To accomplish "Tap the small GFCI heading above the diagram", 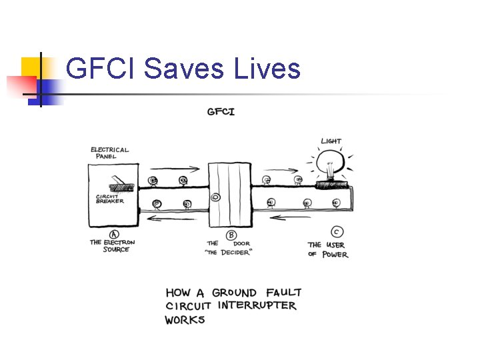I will [221, 111].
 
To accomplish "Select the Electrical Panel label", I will [110, 153].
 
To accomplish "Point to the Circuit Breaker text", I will [110, 199].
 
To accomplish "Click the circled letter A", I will [113, 233].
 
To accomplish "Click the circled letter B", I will [231, 234].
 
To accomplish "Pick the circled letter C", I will [337, 232].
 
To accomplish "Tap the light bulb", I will [328, 162].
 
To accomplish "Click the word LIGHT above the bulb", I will [331, 141].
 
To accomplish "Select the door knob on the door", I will [215, 197].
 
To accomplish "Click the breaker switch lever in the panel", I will [119, 178].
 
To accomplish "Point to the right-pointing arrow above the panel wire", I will [175, 169].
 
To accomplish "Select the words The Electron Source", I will [113, 245].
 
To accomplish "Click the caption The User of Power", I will [327, 249].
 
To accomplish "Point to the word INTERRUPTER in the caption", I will [257, 306].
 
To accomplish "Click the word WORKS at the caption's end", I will [185, 320].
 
